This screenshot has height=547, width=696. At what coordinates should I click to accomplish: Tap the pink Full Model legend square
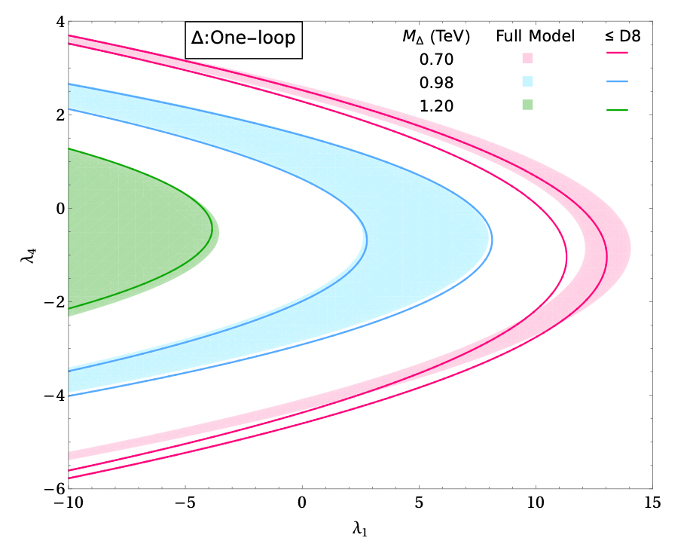pos(528,58)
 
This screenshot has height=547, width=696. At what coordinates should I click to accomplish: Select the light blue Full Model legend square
pos(528,81)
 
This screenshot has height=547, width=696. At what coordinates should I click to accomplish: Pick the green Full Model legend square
pos(528,105)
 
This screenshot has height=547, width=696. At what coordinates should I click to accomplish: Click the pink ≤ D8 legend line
pos(616,53)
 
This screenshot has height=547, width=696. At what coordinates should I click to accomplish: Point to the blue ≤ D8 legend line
pos(616,81)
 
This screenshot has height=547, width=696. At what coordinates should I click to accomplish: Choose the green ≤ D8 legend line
pos(616,110)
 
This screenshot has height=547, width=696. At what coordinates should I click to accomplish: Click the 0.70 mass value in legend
pos(437,59)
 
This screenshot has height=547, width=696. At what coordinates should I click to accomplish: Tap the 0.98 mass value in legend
pos(437,82)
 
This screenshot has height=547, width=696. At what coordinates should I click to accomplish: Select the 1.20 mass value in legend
pos(437,106)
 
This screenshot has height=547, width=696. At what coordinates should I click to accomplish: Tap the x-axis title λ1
pos(361,530)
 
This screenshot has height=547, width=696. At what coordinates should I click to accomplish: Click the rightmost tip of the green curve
pos(212,230)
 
